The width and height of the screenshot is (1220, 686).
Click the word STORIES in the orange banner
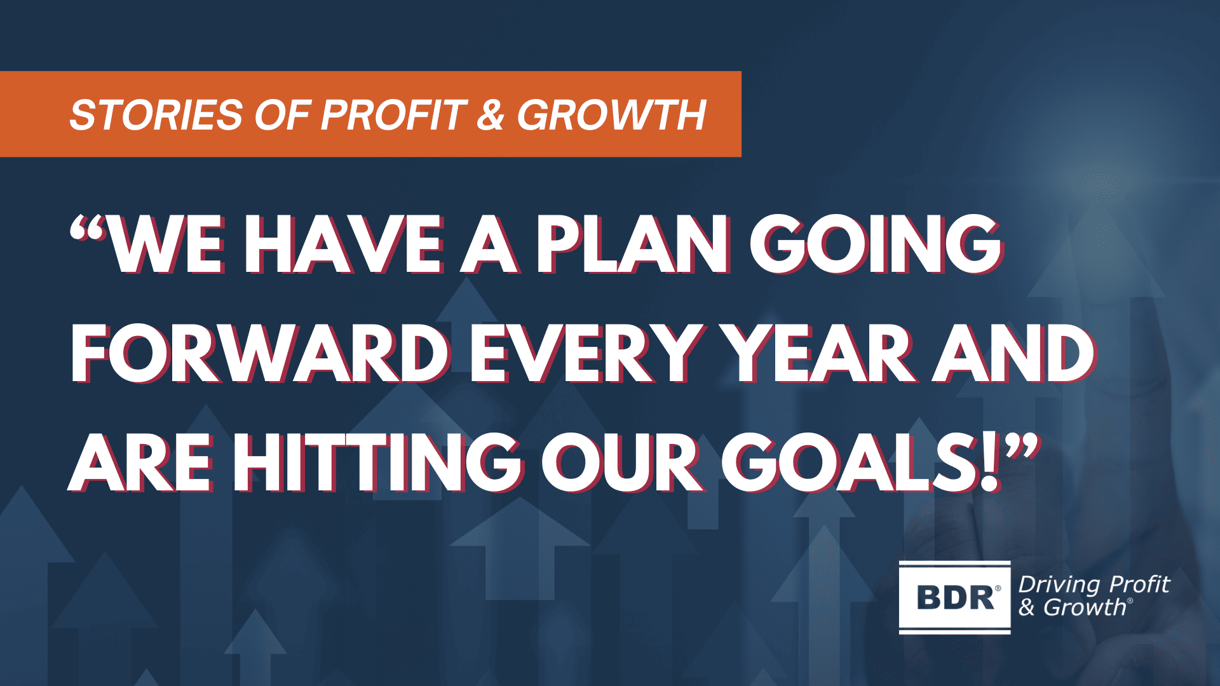click(156, 116)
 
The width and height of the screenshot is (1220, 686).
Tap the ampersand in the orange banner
click(490, 116)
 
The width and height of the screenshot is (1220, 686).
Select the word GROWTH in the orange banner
click(611, 116)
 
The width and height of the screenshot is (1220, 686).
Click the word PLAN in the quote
click(632, 245)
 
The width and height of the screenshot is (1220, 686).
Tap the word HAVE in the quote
click(343, 245)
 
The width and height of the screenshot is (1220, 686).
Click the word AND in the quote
click(1013, 354)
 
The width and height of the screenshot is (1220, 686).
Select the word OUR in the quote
click(621, 464)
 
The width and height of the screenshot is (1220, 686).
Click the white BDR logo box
click(954, 597)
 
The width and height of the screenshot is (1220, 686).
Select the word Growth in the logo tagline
click(1084, 608)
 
